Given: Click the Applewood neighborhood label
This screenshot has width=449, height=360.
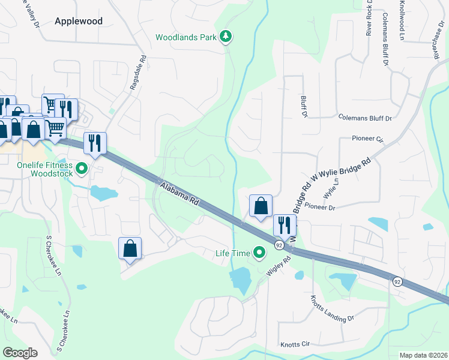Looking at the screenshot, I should (79, 21).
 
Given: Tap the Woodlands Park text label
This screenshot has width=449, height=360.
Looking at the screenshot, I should (185, 37).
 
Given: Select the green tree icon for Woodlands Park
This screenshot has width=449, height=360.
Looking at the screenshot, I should (226, 37).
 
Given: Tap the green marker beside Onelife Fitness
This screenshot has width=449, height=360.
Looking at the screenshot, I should (82, 169).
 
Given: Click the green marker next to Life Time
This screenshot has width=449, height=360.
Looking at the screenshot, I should (259, 253).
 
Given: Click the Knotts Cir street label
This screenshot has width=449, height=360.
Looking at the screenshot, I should (295, 344).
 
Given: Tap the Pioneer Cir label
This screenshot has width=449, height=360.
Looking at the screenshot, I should (367, 139).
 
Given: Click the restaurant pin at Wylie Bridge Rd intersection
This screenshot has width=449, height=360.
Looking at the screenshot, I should (283, 225).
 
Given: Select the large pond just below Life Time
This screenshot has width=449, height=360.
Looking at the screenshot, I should (241, 279).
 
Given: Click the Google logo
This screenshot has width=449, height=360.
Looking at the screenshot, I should (20, 353).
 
